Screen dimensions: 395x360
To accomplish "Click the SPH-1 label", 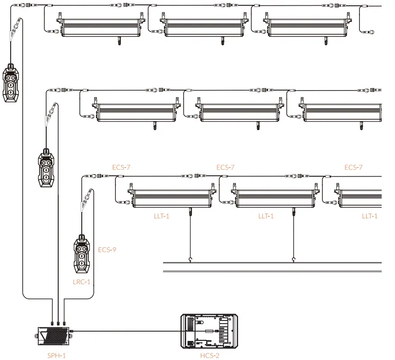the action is point(56,356).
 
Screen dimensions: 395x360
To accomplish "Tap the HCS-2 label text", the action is point(210,356).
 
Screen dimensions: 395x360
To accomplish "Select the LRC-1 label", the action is point(81,282).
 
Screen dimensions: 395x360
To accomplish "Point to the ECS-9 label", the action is point(107,249).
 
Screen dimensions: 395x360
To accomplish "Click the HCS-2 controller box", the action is point(209,331).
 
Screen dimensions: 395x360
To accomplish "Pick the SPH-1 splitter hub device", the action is point(54,336).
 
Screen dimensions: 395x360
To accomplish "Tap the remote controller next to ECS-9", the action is point(82,254).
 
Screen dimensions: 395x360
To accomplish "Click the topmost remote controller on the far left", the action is point(11,83).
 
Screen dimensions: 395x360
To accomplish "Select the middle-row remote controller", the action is point(46,168).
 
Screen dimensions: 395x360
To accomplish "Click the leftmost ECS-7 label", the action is point(121,167).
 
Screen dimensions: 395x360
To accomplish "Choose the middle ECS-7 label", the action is point(225,167).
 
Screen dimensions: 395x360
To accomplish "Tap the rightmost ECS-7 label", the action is point(353,167).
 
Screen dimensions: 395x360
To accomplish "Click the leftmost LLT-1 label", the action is point(161,216).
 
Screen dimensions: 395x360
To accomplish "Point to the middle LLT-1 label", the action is point(266,216).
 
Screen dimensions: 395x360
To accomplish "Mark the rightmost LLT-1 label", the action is point(370,216).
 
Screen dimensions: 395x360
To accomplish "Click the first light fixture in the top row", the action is point(101,27).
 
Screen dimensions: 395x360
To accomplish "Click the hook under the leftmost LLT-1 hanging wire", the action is point(190,260).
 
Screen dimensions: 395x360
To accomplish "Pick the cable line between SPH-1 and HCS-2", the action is point(127,331).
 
